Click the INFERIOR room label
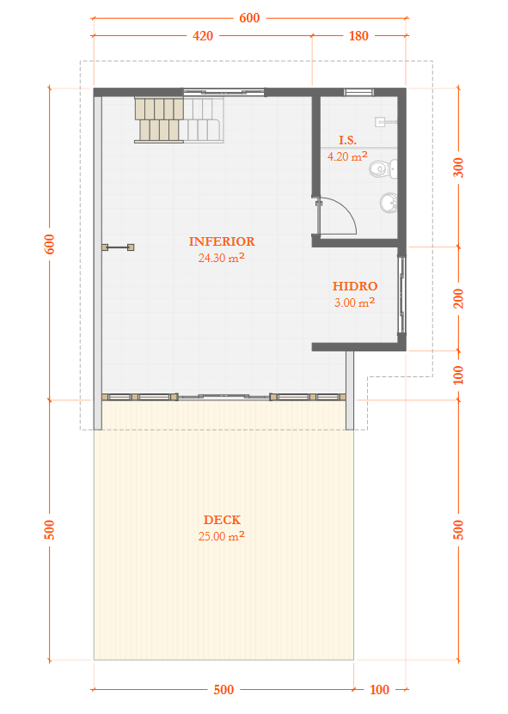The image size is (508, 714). tap(222, 241)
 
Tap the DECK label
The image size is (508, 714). tap(222, 520)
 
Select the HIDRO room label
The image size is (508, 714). tap(355, 286)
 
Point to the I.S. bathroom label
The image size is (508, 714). tap(347, 140)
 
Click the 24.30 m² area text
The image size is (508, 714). tap(222, 258)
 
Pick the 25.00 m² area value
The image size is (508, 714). tap(222, 536)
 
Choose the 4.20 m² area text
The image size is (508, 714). tap(347, 156)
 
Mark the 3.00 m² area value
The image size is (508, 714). tap(354, 302)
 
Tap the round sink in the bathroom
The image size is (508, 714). tap(389, 203)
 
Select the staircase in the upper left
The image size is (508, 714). tap(179, 119)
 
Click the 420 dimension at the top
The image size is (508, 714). tap(203, 36)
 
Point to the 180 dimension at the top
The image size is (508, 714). tap(358, 36)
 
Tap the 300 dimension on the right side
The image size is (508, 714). tap(458, 168)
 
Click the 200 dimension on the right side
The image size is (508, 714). tap(458, 299)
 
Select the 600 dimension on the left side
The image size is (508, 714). tap(49, 244)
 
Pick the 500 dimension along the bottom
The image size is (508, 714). tap(223, 689)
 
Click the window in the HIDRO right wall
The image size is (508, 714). tap(401, 295)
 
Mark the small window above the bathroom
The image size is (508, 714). tap(358, 93)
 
